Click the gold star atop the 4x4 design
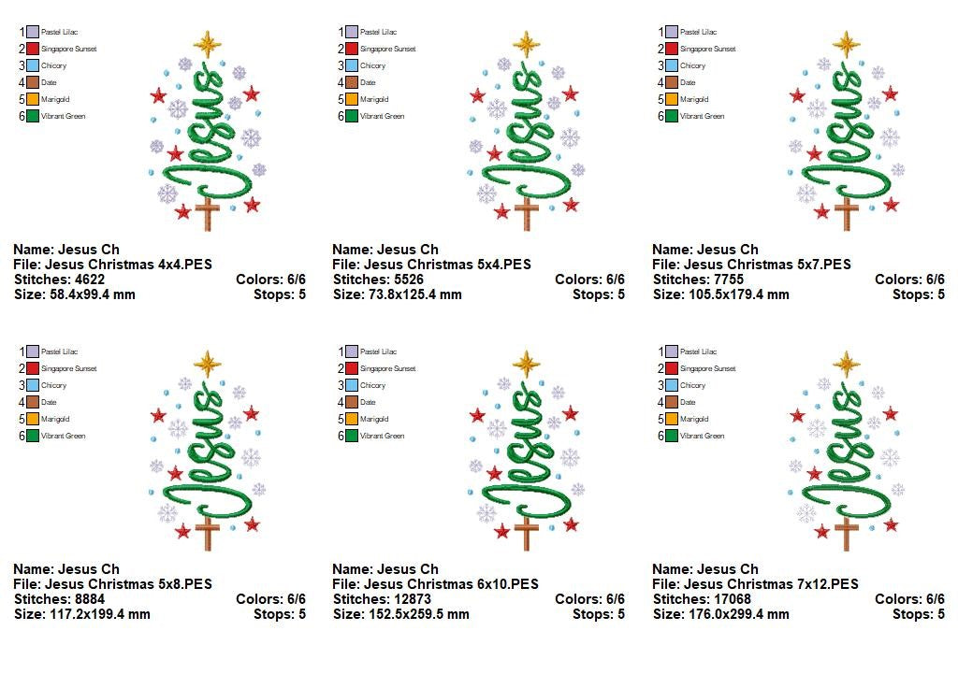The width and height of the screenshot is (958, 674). point(207,43)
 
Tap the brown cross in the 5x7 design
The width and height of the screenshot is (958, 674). point(847,212)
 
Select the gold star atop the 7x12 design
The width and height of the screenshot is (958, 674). point(847,363)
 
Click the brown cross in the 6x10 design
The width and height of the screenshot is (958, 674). point(528,532)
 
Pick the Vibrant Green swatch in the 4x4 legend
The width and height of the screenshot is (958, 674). point(34,116)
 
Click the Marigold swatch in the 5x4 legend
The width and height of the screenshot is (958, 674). point(353,99)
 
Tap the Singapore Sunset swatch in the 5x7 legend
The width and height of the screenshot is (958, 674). point(673,49)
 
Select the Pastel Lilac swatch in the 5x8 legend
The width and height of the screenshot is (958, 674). point(34,351)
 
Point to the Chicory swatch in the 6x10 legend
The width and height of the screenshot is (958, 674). point(353,385)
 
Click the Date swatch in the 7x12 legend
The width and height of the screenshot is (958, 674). point(673,402)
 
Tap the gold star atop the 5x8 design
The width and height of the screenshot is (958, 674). point(207,363)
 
